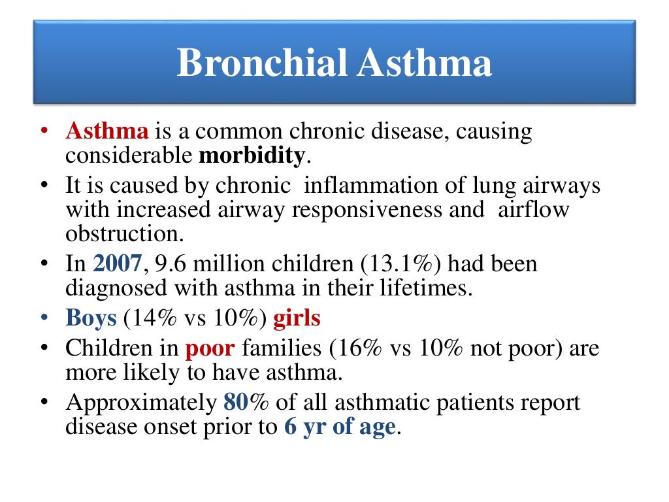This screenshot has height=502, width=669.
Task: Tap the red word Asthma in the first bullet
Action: click(107, 131)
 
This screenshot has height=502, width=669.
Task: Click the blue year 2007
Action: click(118, 264)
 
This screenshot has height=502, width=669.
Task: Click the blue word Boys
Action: click(91, 318)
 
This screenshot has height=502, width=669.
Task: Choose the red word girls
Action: click(297, 318)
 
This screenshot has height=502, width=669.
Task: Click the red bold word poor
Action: click(210, 348)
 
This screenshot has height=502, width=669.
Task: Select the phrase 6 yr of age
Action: click(340, 426)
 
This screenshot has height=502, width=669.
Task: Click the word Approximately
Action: click(140, 403)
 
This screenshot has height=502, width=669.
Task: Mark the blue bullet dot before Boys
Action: click(44, 319)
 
